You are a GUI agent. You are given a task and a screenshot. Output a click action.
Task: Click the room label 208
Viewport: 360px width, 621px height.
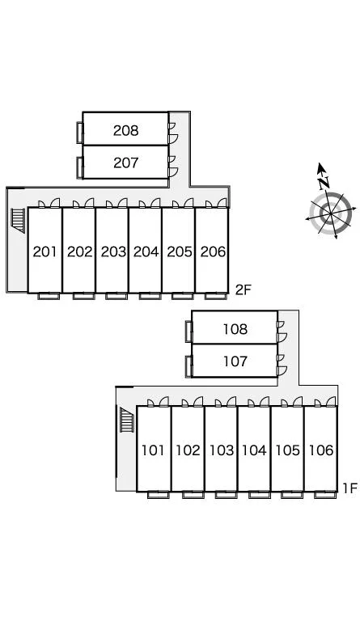click(x=126, y=130)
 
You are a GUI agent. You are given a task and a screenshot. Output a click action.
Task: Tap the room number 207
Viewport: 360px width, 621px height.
click(x=126, y=163)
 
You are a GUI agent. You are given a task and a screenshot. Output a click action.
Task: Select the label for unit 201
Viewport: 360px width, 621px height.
click(x=45, y=251)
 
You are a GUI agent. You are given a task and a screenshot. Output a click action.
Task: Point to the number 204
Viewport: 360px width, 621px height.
click(x=146, y=251)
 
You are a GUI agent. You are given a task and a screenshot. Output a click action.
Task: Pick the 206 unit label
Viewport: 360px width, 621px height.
click(x=213, y=251)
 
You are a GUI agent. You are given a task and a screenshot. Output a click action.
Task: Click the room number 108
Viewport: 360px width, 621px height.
click(x=235, y=329)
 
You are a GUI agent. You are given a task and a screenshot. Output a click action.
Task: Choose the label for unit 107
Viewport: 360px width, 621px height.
click(x=235, y=361)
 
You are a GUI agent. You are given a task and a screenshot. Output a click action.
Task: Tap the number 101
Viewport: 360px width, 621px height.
click(x=153, y=450)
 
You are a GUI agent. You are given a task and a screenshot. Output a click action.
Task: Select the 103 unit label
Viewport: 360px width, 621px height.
click(x=222, y=450)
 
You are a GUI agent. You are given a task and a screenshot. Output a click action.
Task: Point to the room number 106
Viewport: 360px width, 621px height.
click(x=321, y=450)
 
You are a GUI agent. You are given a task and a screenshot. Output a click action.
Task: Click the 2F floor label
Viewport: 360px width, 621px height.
click(x=244, y=290)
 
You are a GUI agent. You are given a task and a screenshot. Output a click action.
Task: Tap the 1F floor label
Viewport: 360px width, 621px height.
click(x=350, y=488)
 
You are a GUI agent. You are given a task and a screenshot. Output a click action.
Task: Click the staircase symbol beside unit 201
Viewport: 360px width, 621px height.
click(x=19, y=220)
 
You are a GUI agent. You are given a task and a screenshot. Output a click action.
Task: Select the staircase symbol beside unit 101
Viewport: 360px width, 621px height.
click(x=127, y=420)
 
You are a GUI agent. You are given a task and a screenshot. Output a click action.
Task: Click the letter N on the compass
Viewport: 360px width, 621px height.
click(x=324, y=183)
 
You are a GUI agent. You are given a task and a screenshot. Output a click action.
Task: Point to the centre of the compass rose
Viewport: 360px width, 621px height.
click(x=330, y=213)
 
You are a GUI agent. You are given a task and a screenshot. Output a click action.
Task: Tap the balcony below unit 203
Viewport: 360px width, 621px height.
click(x=116, y=296)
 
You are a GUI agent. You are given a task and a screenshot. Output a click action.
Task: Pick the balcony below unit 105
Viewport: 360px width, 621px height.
click(x=292, y=495)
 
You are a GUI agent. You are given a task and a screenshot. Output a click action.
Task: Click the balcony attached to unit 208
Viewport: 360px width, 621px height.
click(x=79, y=133)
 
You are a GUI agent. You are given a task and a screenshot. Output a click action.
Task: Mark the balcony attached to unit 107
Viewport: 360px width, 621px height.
click(x=188, y=367)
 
